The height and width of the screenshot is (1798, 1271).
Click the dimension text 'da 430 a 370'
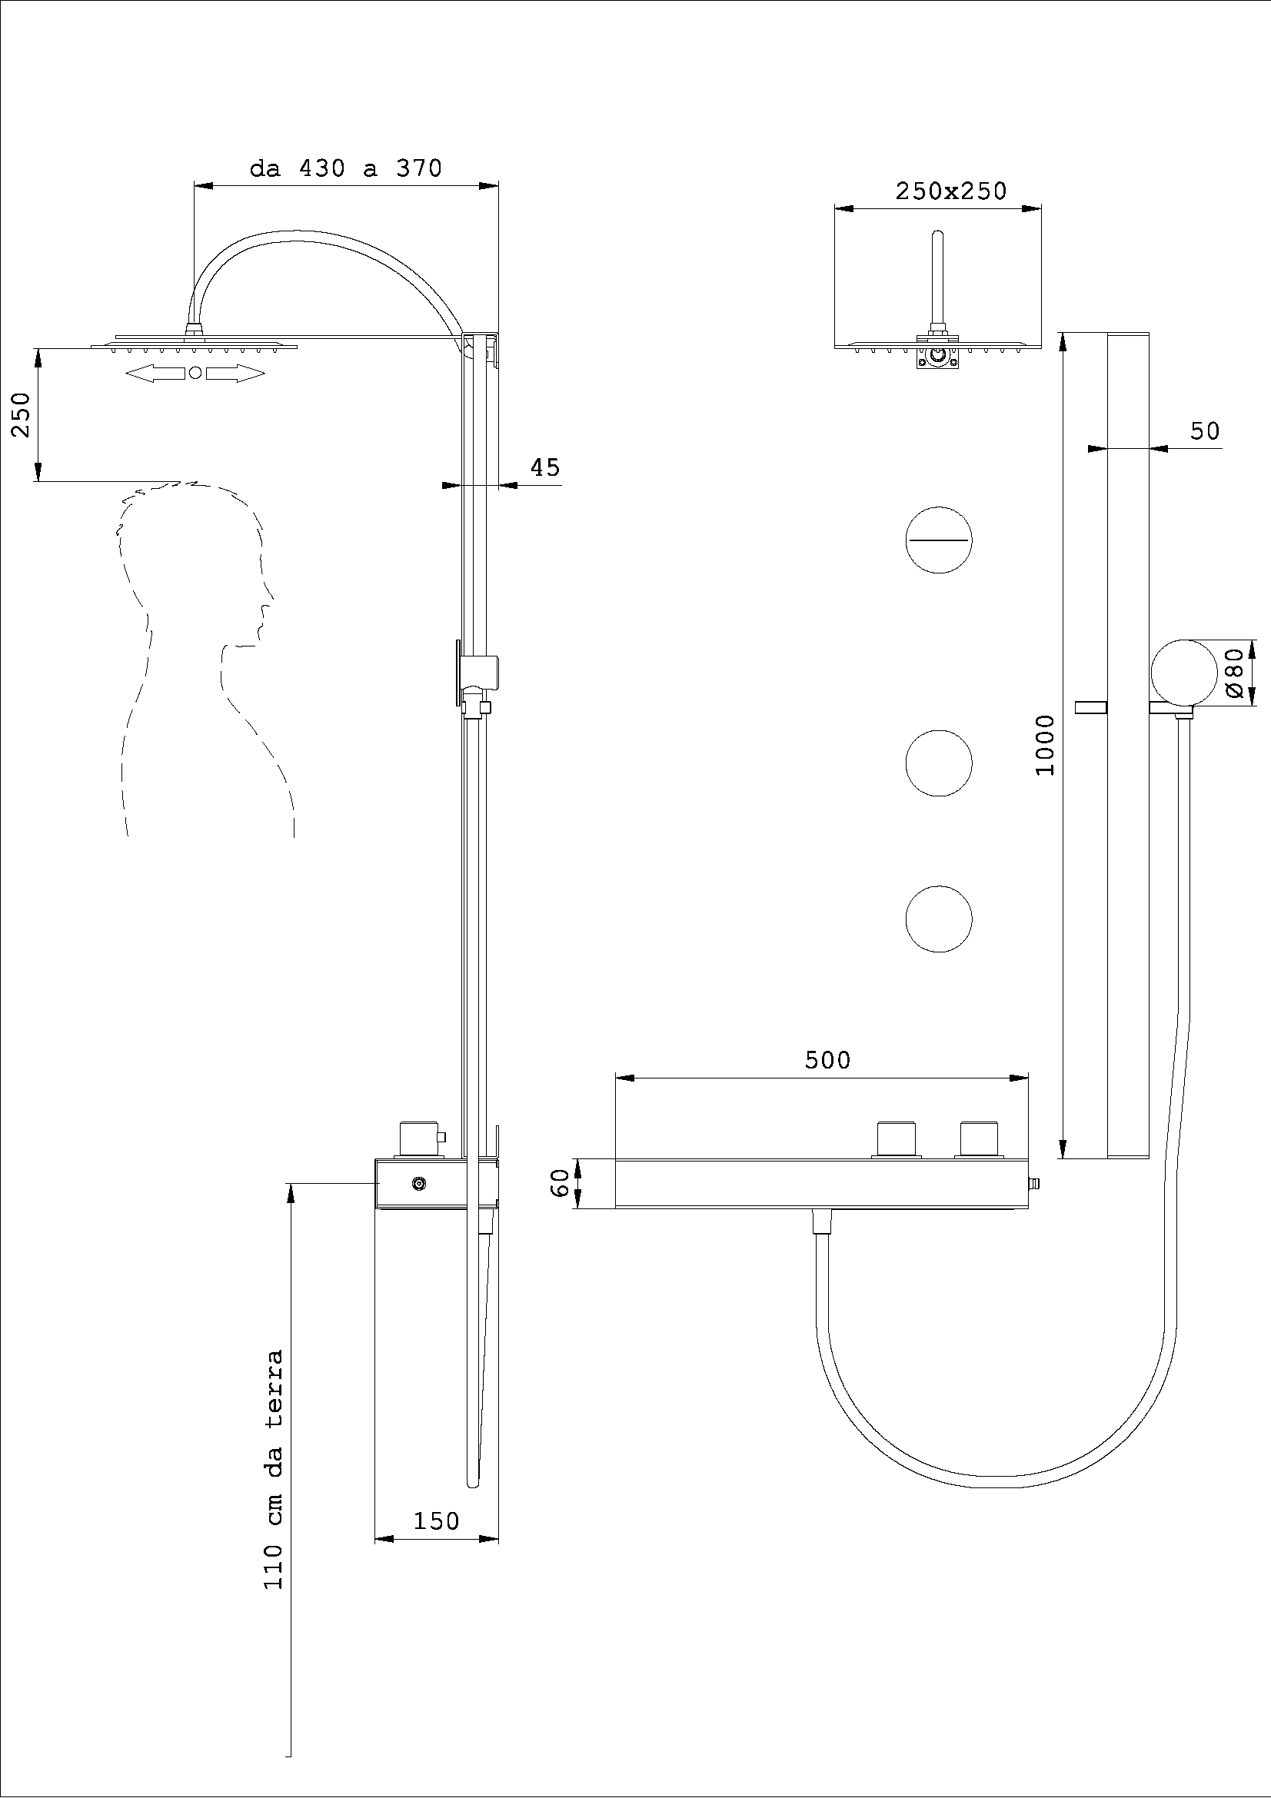(345, 168)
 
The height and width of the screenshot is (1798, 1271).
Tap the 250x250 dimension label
(950, 191)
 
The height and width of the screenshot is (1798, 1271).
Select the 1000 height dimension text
(1046, 745)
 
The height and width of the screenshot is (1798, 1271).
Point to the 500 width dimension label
(827, 1060)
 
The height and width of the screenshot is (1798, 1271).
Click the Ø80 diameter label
(1234, 673)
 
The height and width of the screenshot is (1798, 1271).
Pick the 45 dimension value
(545, 467)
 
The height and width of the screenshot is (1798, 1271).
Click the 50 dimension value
(1204, 430)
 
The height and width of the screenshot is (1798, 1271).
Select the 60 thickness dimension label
(559, 1182)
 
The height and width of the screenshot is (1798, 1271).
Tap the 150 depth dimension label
(435, 1520)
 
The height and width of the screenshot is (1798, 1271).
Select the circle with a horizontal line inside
(938, 540)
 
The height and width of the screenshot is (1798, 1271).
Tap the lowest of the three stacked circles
(938, 919)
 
